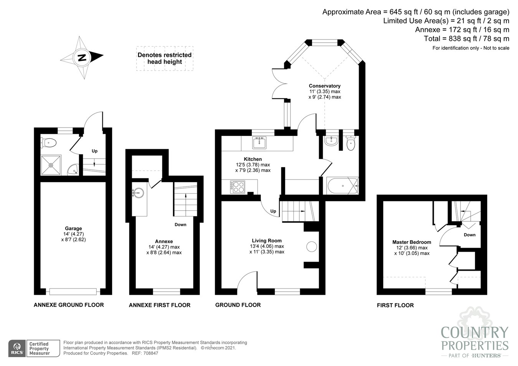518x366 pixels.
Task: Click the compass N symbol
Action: point(82,58)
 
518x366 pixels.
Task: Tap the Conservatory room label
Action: point(325,86)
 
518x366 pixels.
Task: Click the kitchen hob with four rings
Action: point(238,187)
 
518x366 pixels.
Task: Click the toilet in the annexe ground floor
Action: point(49,143)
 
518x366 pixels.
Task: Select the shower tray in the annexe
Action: point(51,165)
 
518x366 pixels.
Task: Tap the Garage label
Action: point(73,229)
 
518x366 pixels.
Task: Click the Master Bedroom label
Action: point(411,242)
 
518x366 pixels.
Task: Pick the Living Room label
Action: point(267,241)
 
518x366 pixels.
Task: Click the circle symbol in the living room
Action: point(312,246)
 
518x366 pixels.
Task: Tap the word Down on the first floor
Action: point(469,235)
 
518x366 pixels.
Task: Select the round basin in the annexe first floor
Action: point(138,193)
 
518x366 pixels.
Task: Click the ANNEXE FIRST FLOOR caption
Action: point(159,305)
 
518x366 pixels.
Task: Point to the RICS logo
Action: point(17,348)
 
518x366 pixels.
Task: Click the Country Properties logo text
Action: point(474,338)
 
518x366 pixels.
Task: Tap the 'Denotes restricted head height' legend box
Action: point(165,58)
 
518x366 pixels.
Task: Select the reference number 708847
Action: point(150,353)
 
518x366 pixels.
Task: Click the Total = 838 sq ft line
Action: point(466,38)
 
